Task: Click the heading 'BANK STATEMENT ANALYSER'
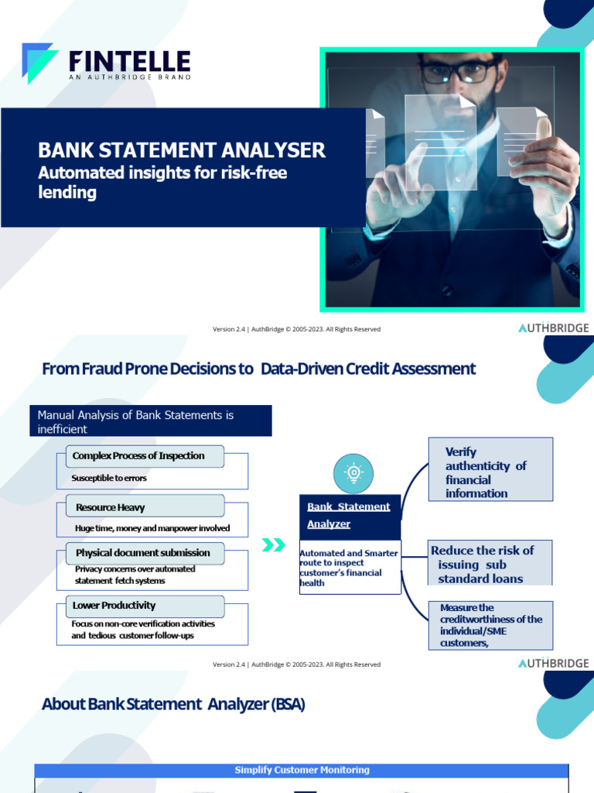point(182,149)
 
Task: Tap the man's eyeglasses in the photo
point(458,72)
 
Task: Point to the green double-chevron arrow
point(274,545)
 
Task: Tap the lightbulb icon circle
point(353,473)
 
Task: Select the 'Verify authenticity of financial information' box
point(490,472)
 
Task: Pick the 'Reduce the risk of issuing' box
point(490,564)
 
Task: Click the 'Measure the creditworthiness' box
point(490,625)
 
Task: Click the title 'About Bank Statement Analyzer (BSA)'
point(173,705)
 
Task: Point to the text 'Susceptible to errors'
point(109,479)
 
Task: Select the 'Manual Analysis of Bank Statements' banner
point(150,421)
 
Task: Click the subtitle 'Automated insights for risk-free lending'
point(162,182)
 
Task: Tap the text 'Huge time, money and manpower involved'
point(152,529)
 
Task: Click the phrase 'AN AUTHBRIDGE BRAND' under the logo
point(129,77)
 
